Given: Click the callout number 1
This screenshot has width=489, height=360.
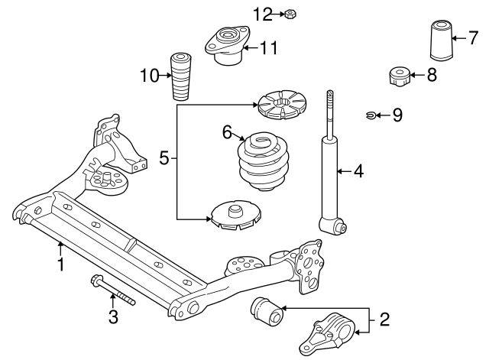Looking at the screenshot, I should coord(60,265).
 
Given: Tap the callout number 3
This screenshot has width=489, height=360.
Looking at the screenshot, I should coord(113,316).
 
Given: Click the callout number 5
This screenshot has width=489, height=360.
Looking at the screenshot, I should coord(164,158).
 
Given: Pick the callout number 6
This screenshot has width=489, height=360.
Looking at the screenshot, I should coord(228,132).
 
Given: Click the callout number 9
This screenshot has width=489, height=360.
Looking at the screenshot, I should coord(396,115).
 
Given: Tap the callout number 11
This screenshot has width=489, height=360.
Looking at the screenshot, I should coord(267,49).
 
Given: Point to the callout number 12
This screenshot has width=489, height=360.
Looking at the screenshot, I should coord(262,13).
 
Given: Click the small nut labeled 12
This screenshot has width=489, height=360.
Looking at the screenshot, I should coord(292,14).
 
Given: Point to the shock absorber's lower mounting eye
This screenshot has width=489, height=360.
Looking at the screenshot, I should coord(335,225).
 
